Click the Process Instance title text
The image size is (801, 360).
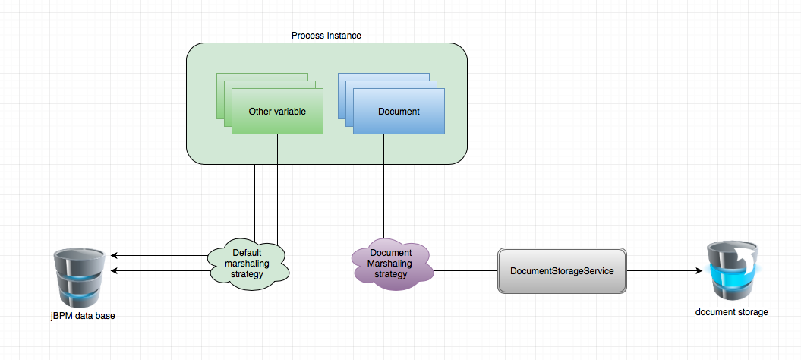326,36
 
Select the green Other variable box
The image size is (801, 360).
277,112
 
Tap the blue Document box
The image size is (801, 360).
399,112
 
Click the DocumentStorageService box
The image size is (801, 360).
561,270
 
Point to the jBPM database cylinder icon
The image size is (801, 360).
79,278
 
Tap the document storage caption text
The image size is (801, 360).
731,312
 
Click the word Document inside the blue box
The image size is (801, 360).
399,112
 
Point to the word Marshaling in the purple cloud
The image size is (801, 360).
389,263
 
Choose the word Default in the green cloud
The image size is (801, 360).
247,253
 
